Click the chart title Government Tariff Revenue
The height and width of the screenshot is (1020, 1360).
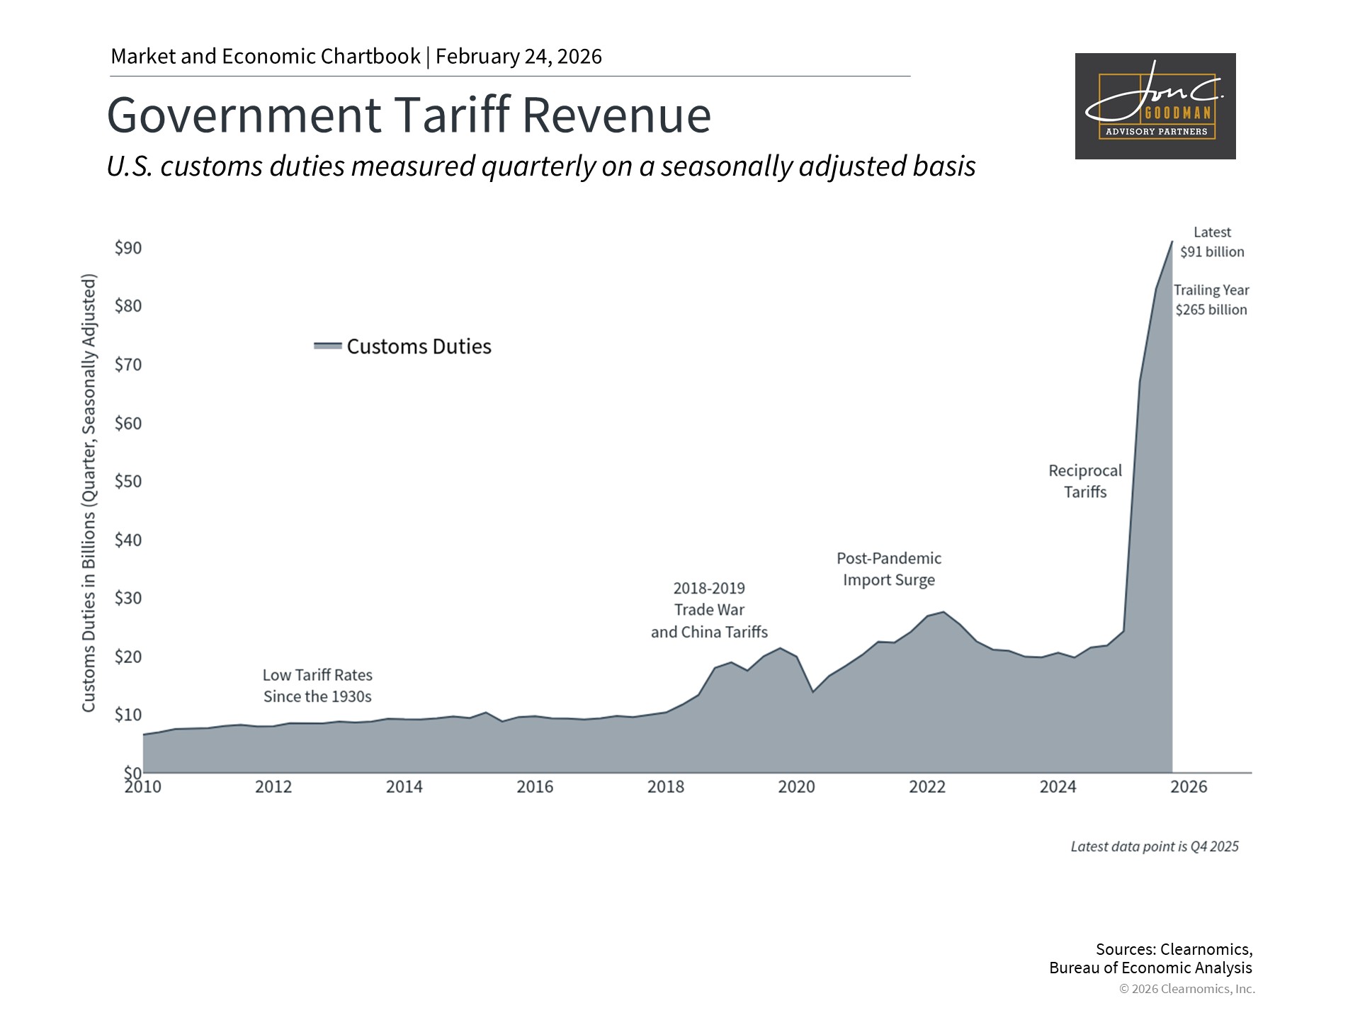pos(409,115)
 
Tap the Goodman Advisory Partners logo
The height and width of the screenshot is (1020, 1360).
pos(1155,106)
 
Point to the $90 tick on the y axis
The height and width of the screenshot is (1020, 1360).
pos(128,248)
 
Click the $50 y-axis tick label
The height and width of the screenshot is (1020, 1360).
pos(128,482)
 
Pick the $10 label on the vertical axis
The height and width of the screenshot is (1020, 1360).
pos(128,715)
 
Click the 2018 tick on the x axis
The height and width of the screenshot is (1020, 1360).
pos(666,787)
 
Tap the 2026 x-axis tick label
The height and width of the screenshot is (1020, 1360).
pos(1189,787)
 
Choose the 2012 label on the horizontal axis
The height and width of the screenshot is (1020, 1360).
pos(273,787)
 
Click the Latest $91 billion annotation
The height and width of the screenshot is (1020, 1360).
pos(1212,242)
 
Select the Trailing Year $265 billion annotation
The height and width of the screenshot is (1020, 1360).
pos(1211,300)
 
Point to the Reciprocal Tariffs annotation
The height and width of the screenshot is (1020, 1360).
pos(1085,481)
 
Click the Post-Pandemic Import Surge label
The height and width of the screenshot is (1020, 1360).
pos(889,569)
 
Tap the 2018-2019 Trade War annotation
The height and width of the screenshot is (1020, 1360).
pos(709,610)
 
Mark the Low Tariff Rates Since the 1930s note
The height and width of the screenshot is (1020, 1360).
pos(317,686)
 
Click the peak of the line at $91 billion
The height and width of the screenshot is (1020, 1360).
pos(1172,242)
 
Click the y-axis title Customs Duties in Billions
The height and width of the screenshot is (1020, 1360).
pos(89,493)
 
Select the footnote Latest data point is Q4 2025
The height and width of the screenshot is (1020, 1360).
pos(1155,846)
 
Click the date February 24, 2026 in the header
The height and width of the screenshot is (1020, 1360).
pos(518,57)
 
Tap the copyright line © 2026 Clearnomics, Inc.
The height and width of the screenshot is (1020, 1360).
pos(1186,989)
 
